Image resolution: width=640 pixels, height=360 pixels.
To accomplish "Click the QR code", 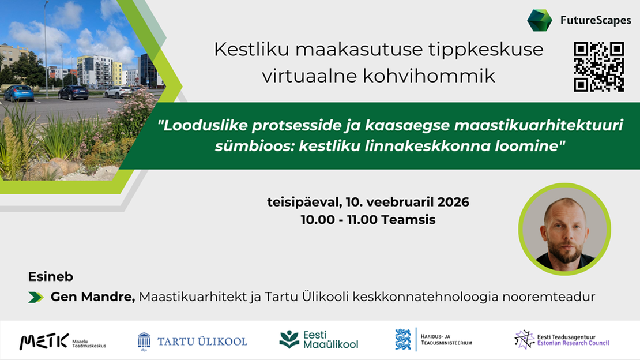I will pos(598,67).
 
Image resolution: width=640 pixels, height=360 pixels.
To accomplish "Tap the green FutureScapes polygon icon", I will pos(539,20).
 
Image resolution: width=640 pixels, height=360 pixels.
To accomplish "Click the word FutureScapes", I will pos(595,21).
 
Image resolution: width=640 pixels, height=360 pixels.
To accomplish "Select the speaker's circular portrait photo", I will pos(564,229).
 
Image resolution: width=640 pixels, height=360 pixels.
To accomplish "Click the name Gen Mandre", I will pos(92,297).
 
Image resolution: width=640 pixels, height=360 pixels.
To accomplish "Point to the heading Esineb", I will pos(50,277).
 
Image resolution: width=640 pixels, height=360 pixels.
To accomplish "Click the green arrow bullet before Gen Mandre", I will pos(36,298).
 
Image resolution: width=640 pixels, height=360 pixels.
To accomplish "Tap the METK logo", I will pos(44,341).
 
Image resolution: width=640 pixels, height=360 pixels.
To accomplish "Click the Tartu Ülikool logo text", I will pos(202,341).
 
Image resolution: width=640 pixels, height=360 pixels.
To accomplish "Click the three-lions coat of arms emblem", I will pos(403,339).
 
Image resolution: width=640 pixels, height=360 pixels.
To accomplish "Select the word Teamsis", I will pos(412,220).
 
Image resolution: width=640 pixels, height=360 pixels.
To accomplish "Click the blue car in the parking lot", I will pos(18,93).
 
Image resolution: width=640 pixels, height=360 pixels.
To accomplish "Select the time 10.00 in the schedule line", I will pos(316,220).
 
